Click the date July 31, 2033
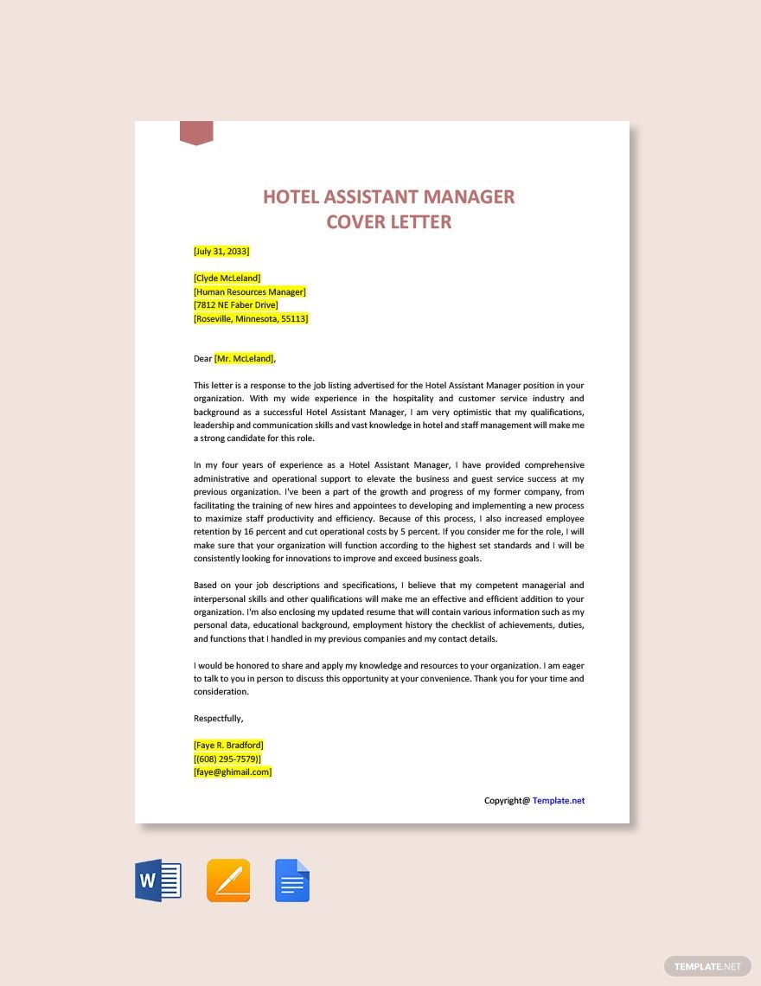coord(221,251)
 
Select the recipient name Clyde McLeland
coord(227,279)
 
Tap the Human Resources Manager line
coord(249,291)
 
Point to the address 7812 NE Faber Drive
coord(235,305)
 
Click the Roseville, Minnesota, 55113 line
coord(251,318)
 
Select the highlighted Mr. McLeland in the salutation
coord(244,358)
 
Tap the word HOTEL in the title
coord(293,196)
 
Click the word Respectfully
coord(218,718)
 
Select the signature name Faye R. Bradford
coord(228,745)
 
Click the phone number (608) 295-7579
coord(227,759)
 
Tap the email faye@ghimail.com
coord(233,772)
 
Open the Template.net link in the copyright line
coord(558,801)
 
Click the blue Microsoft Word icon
coord(158,881)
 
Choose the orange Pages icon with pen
coord(228,880)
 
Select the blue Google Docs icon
coord(292,880)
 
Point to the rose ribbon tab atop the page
coord(196,132)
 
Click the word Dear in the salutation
coord(202,358)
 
